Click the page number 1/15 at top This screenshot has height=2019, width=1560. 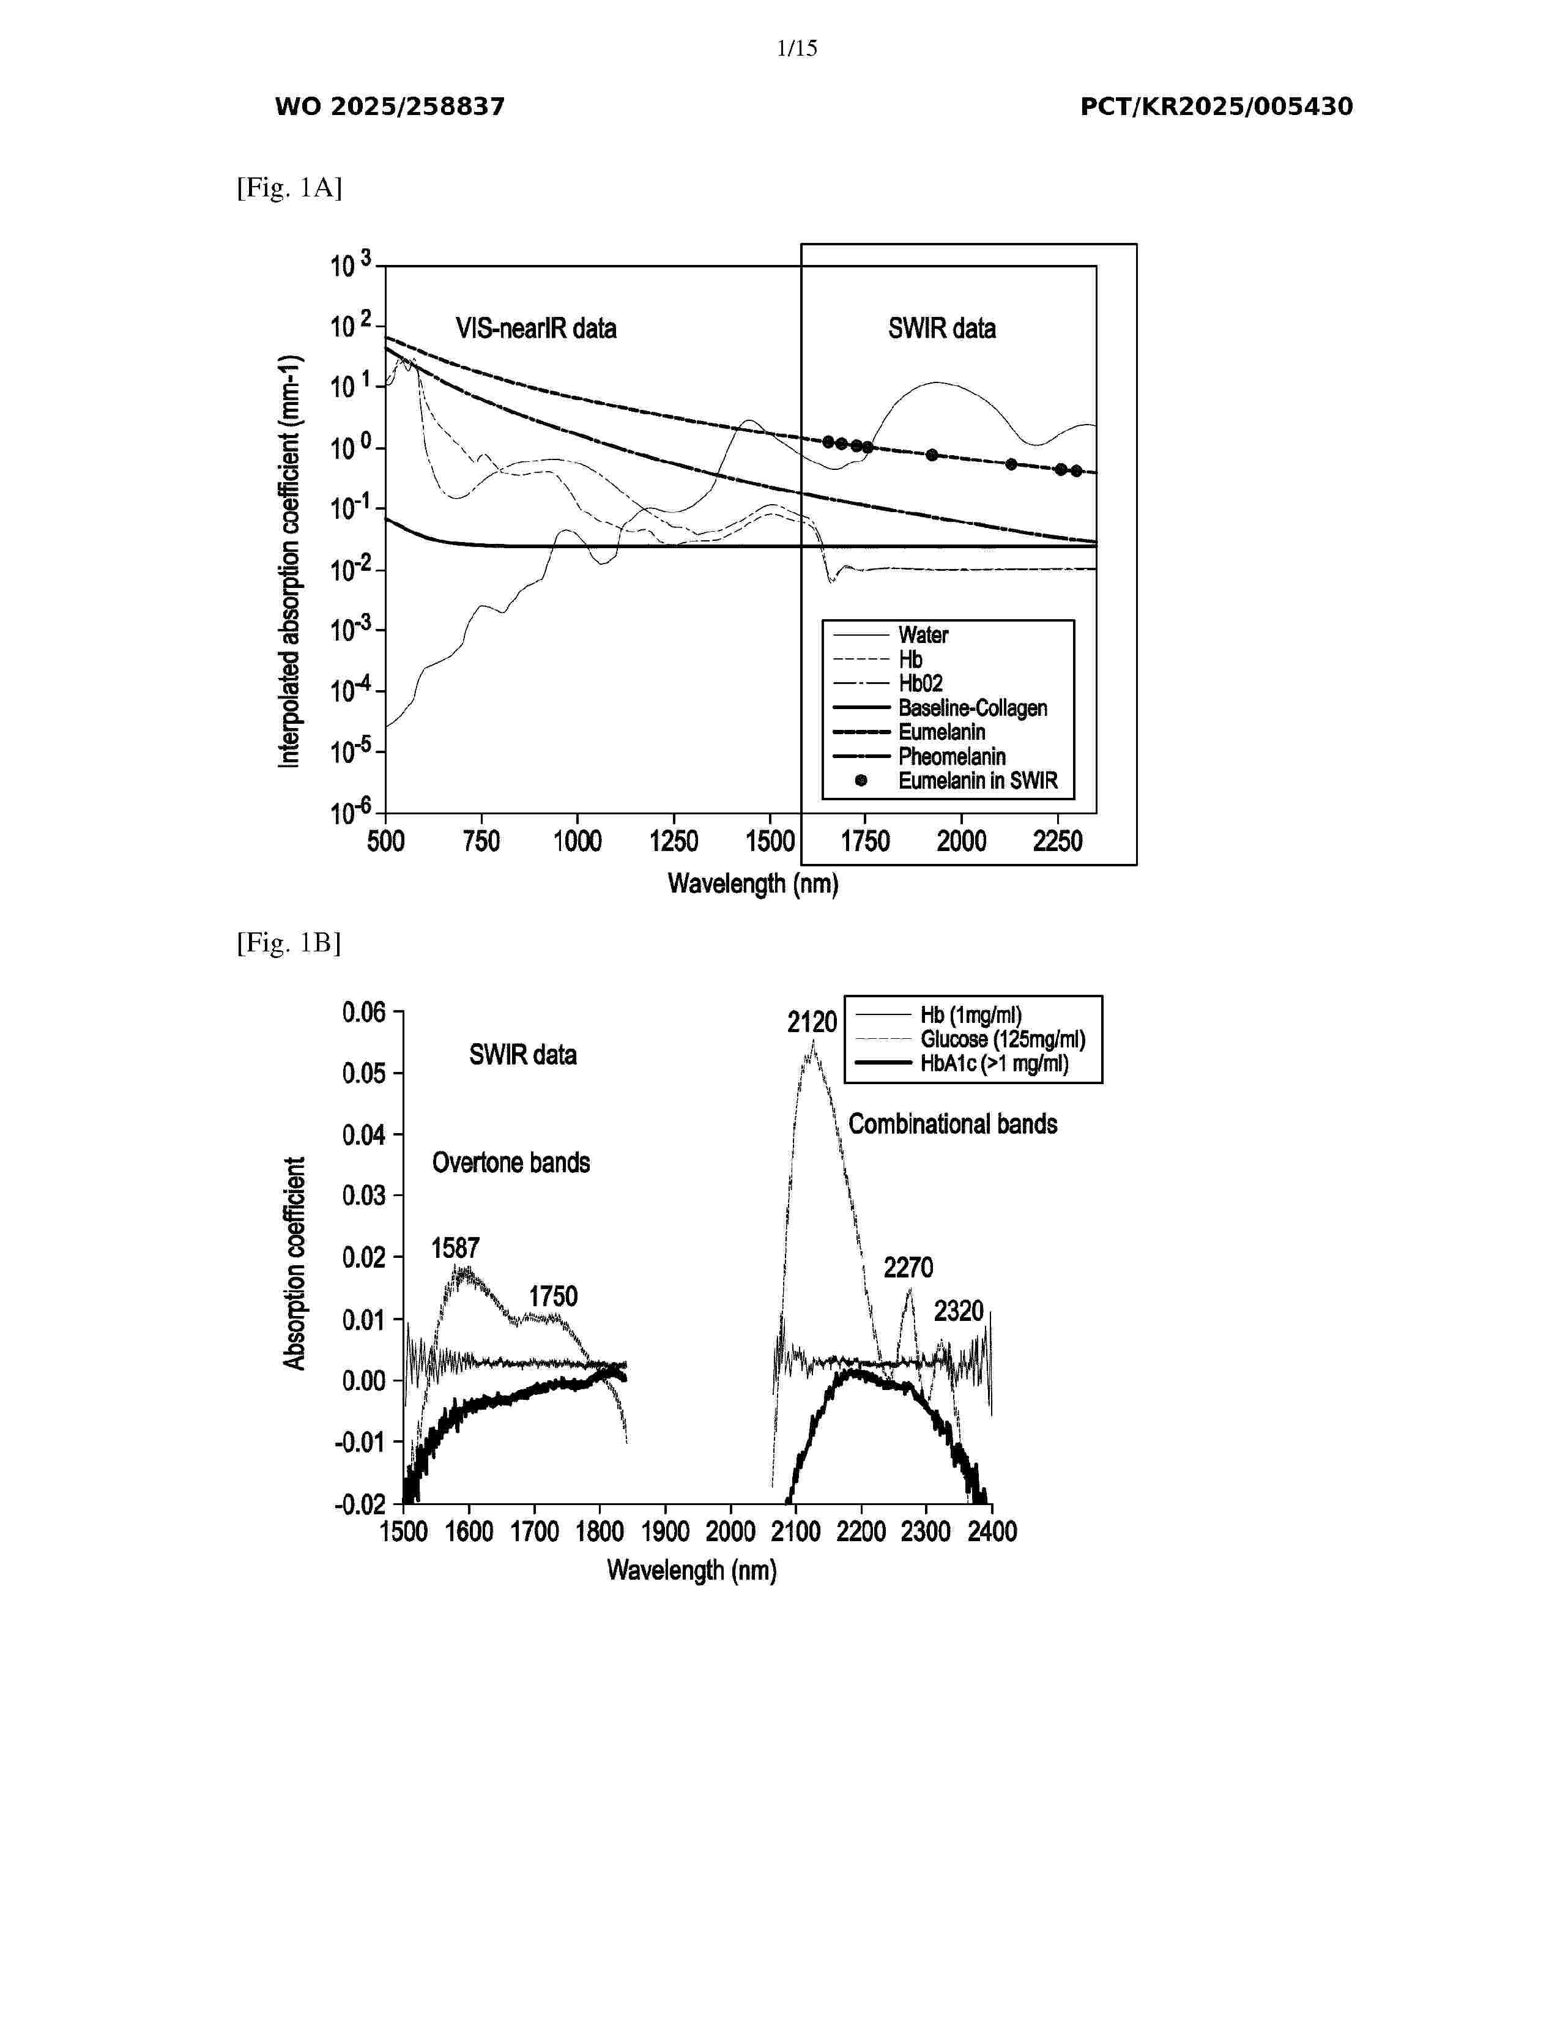(797, 48)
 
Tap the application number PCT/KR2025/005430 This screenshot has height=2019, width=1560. (1216, 107)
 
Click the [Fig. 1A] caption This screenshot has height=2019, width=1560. (289, 188)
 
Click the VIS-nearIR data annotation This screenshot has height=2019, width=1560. (536, 329)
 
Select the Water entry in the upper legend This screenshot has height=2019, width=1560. (923, 635)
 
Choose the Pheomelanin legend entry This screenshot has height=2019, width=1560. (952, 756)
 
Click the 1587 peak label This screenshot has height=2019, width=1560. (456, 1249)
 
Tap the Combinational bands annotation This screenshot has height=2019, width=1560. (953, 1124)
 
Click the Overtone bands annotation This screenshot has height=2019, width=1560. (511, 1163)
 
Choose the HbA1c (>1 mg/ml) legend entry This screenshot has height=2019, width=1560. (994, 1064)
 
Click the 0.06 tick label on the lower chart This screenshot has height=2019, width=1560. (363, 1013)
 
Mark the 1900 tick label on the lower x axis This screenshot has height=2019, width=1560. (664, 1532)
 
